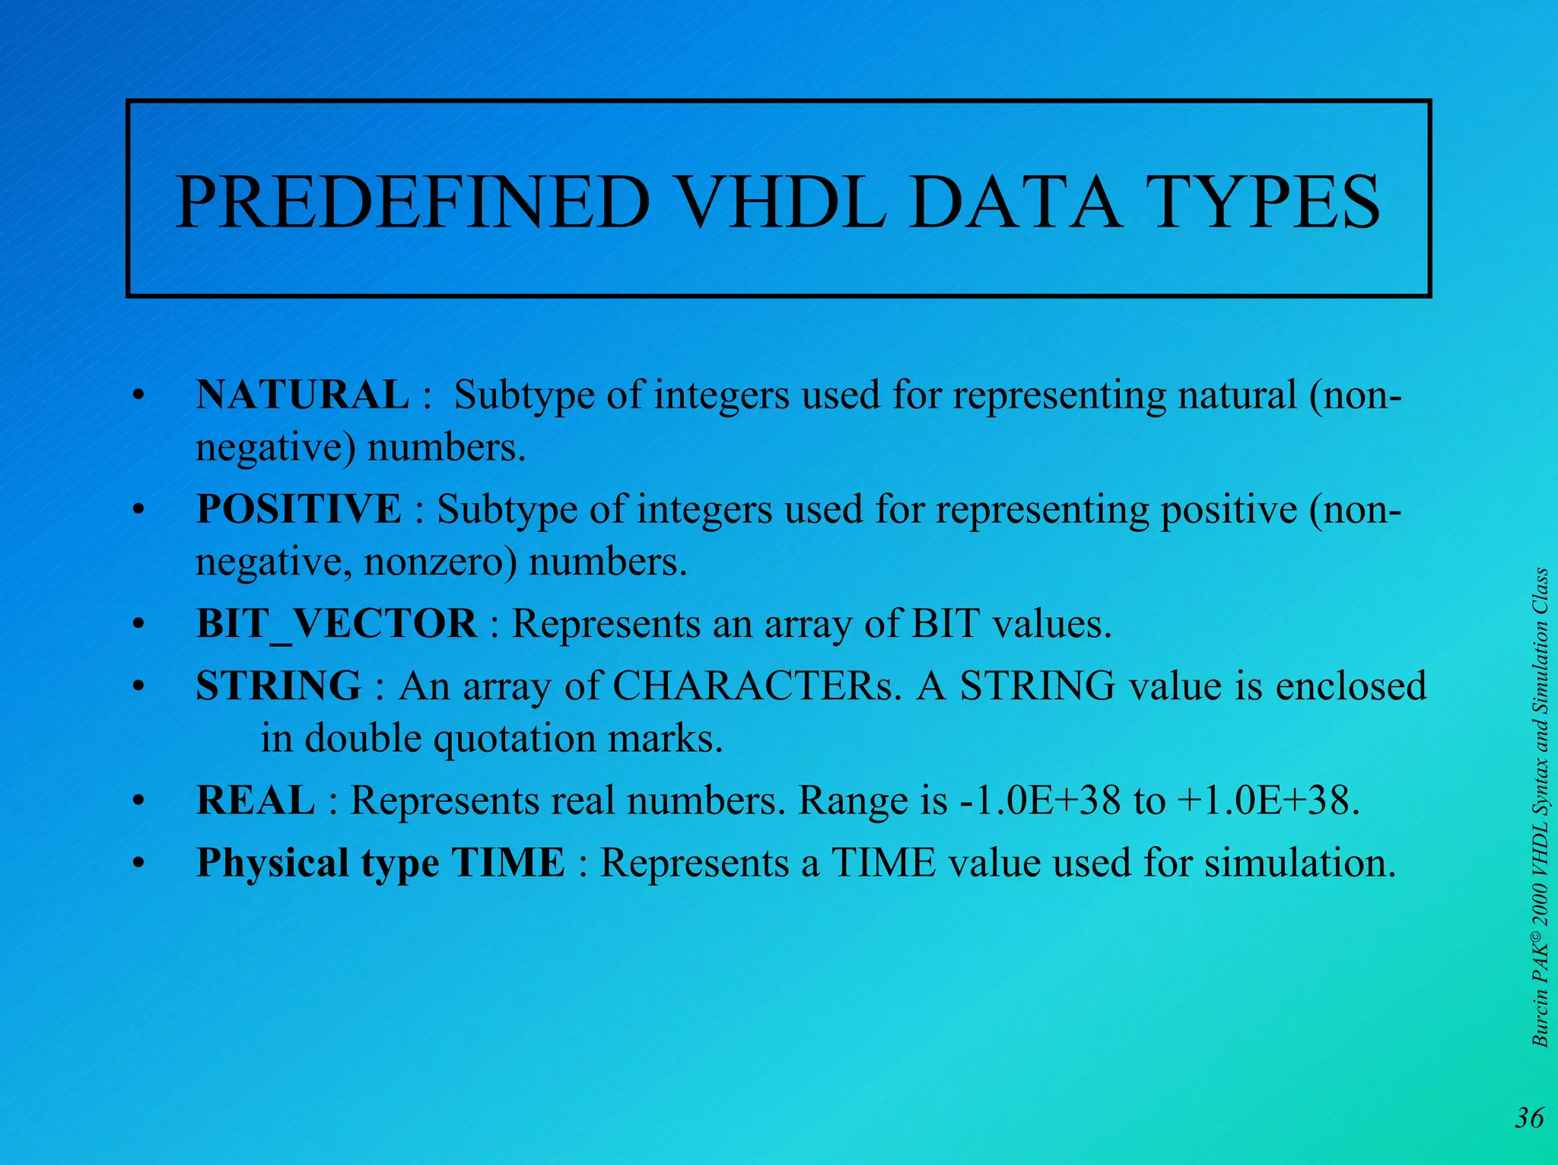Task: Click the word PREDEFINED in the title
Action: [412, 202]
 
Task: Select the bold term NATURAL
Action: [302, 395]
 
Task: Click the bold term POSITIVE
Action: [298, 508]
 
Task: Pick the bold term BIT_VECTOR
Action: [336, 624]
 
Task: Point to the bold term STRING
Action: [278, 686]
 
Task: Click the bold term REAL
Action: [256, 801]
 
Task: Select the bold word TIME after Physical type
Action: [508, 863]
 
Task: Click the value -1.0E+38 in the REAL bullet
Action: [1040, 801]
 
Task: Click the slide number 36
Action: [1529, 1118]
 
